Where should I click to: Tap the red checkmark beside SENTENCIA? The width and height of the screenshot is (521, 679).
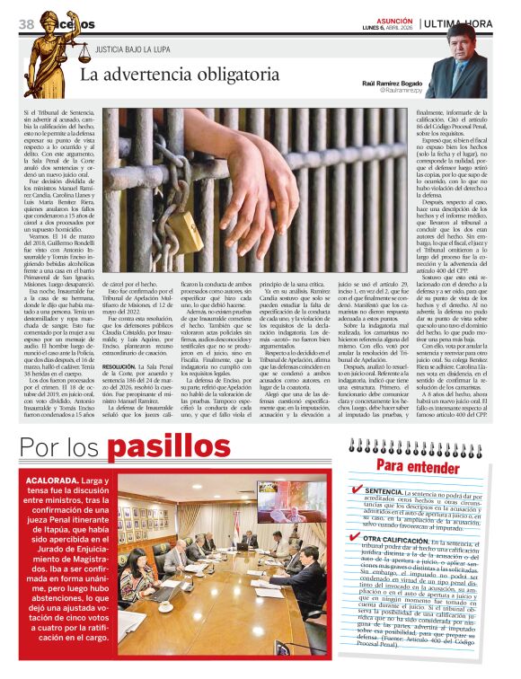pos(358,490)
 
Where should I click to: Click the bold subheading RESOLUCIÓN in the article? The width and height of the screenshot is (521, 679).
pos(119,367)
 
